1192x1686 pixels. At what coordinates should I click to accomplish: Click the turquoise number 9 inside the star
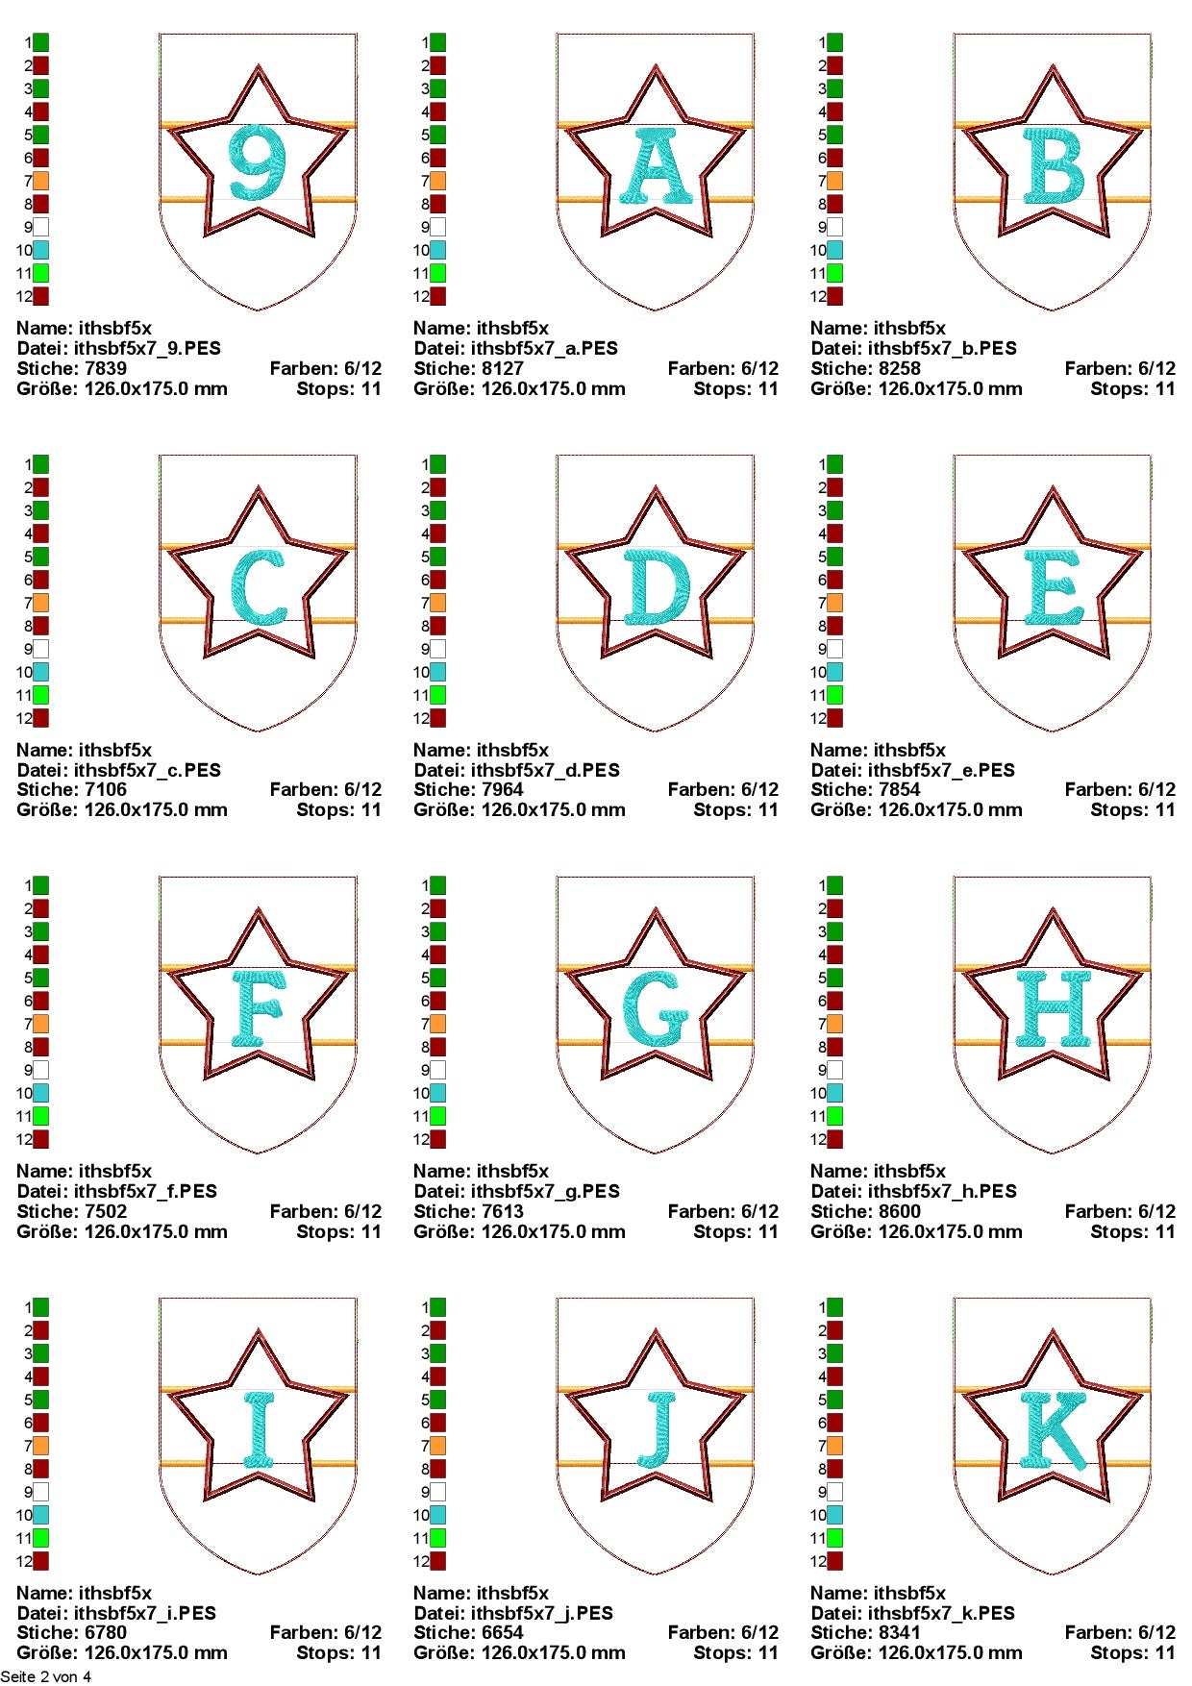tap(258, 162)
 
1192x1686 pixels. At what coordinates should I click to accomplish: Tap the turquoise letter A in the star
tap(656, 165)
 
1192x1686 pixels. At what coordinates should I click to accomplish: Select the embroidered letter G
tap(656, 1008)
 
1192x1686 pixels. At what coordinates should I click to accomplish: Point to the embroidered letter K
tap(1055, 1430)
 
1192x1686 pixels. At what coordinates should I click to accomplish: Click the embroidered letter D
tap(657, 586)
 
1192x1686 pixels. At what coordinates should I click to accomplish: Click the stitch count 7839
tap(105, 368)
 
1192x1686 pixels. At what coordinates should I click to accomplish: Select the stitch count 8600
tap(899, 1211)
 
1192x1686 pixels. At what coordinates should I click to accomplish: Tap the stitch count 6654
tap(502, 1632)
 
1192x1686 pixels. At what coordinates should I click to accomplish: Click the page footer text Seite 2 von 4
tap(46, 1676)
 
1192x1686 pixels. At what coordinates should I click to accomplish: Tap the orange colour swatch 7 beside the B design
tap(834, 181)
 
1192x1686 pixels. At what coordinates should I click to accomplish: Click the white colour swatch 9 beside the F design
tap(40, 1070)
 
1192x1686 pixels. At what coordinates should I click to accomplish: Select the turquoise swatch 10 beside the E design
tap(834, 672)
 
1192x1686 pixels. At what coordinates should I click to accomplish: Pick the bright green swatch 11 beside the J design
tap(437, 1538)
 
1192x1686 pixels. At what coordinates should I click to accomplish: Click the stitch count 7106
tap(105, 789)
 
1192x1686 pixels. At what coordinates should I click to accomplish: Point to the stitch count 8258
tap(899, 368)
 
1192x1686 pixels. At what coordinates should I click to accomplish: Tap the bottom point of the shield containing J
tap(656, 1574)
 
